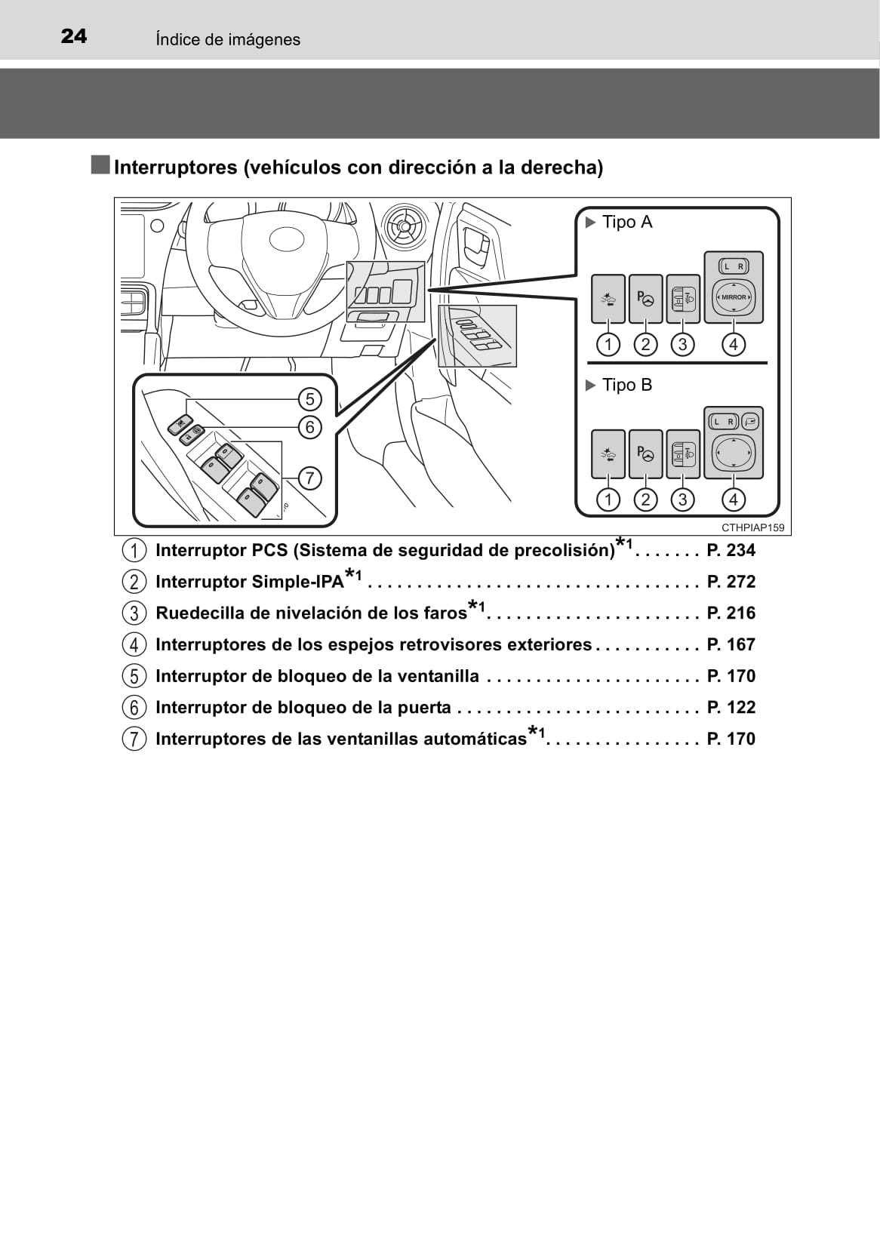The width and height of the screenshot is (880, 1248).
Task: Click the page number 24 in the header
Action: tap(73, 37)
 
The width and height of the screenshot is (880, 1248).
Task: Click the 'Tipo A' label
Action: tap(627, 223)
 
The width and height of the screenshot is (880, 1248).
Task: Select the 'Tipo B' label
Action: tap(627, 385)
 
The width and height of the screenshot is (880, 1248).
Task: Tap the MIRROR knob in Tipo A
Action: tap(734, 297)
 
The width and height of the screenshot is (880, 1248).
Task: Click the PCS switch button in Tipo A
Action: tap(608, 299)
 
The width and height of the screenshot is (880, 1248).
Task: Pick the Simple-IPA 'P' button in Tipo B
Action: tap(645, 454)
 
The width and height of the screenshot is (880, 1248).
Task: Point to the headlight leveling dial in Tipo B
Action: tap(683, 454)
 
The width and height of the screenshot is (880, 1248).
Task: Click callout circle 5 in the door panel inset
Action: tap(310, 399)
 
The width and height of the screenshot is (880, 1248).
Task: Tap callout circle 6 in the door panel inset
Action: tap(310, 427)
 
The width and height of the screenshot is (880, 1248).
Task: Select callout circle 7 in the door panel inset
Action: tap(310, 478)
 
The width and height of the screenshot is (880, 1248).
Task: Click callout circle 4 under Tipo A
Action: tap(734, 344)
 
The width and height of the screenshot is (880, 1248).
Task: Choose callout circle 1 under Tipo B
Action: tap(608, 500)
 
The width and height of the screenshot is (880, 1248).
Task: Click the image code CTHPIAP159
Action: tap(752, 527)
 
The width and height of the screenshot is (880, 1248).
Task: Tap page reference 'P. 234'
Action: tap(731, 551)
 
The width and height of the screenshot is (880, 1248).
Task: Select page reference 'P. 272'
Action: tap(731, 582)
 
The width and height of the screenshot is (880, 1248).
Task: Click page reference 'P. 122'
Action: tap(731, 708)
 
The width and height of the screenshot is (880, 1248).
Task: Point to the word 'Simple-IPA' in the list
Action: tap(297, 583)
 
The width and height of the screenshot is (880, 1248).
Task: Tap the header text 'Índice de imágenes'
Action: tap(228, 39)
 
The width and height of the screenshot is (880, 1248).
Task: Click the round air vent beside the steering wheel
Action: tap(402, 226)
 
